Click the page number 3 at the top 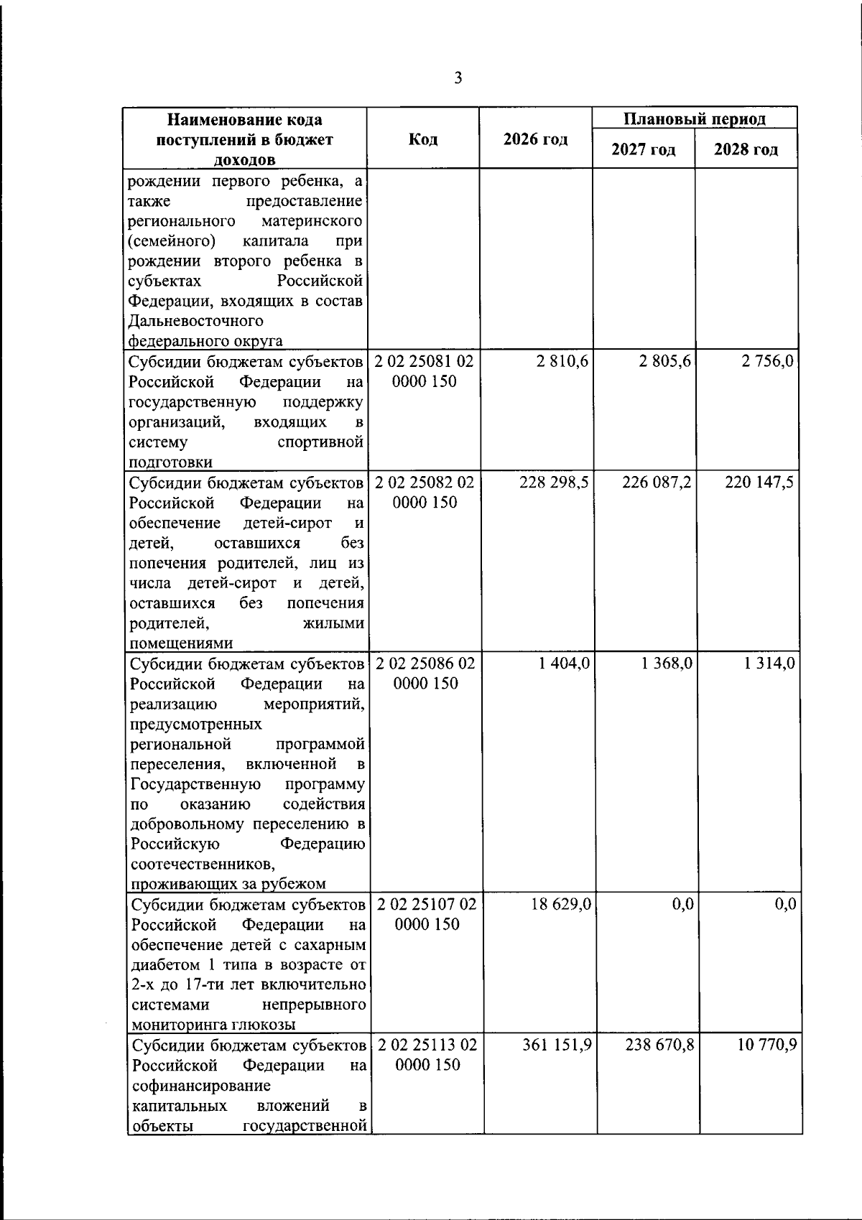coord(458,78)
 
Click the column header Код coord(423,139)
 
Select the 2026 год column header coord(535,139)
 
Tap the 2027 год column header coord(643,150)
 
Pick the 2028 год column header coord(746,150)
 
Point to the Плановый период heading coord(694,118)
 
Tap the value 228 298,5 coord(554,482)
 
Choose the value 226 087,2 coord(657,482)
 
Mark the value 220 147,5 coord(759,482)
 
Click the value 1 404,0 coord(564,663)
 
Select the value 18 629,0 coord(561,904)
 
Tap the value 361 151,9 coord(556,1044)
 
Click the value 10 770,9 coord(766,1044)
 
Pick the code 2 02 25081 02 coord(425,361)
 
